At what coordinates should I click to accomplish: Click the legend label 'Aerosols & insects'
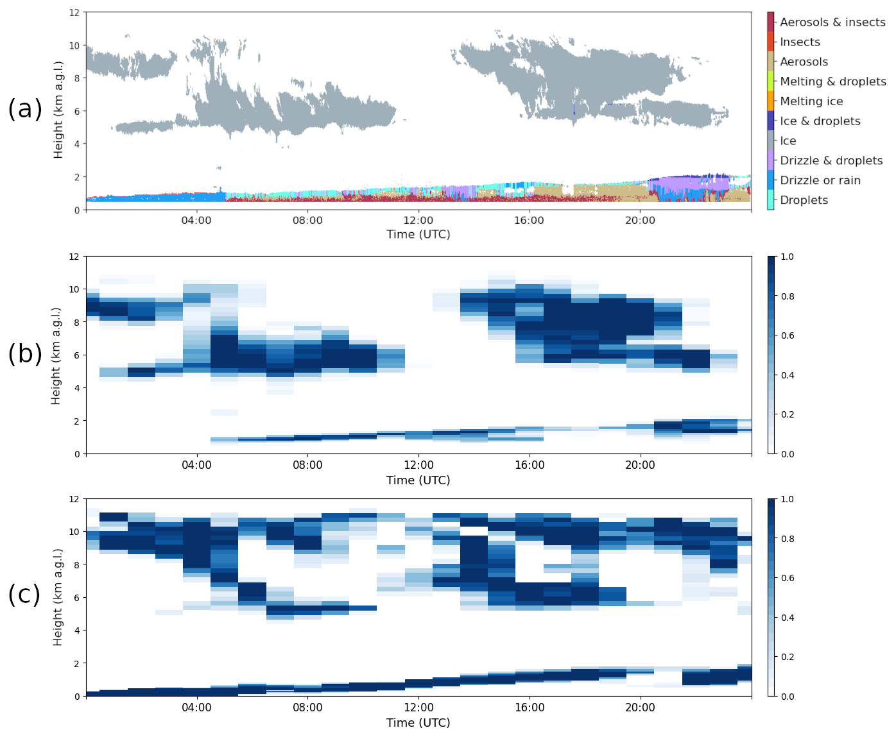pyautogui.click(x=832, y=22)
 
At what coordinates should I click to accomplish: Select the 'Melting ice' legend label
pyautogui.click(x=811, y=101)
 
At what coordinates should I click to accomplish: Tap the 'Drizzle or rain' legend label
pyautogui.click(x=820, y=181)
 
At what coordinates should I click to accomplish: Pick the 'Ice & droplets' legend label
pyautogui.click(x=820, y=121)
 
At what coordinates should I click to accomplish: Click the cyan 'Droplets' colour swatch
pyautogui.click(x=770, y=200)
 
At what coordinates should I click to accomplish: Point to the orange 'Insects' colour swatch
pyautogui.click(x=770, y=42)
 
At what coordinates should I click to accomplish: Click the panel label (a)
pyautogui.click(x=25, y=109)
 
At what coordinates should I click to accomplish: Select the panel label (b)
pyautogui.click(x=25, y=353)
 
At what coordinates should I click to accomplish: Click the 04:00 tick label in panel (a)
pyautogui.click(x=196, y=221)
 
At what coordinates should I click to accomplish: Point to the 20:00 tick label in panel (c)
pyautogui.click(x=640, y=707)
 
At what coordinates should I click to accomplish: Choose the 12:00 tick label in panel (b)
pyautogui.click(x=418, y=465)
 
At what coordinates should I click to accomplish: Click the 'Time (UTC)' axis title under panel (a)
pyautogui.click(x=418, y=235)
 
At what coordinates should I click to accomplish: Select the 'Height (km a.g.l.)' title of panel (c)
pyautogui.click(x=58, y=597)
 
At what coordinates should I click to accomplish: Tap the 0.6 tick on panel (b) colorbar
pyautogui.click(x=787, y=335)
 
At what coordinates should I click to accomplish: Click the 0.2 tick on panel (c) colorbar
pyautogui.click(x=787, y=657)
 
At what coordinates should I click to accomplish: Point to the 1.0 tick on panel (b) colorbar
pyautogui.click(x=787, y=257)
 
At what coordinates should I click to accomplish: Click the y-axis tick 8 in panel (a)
pyautogui.click(x=76, y=78)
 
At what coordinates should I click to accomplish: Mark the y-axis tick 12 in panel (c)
pyautogui.click(x=74, y=499)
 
